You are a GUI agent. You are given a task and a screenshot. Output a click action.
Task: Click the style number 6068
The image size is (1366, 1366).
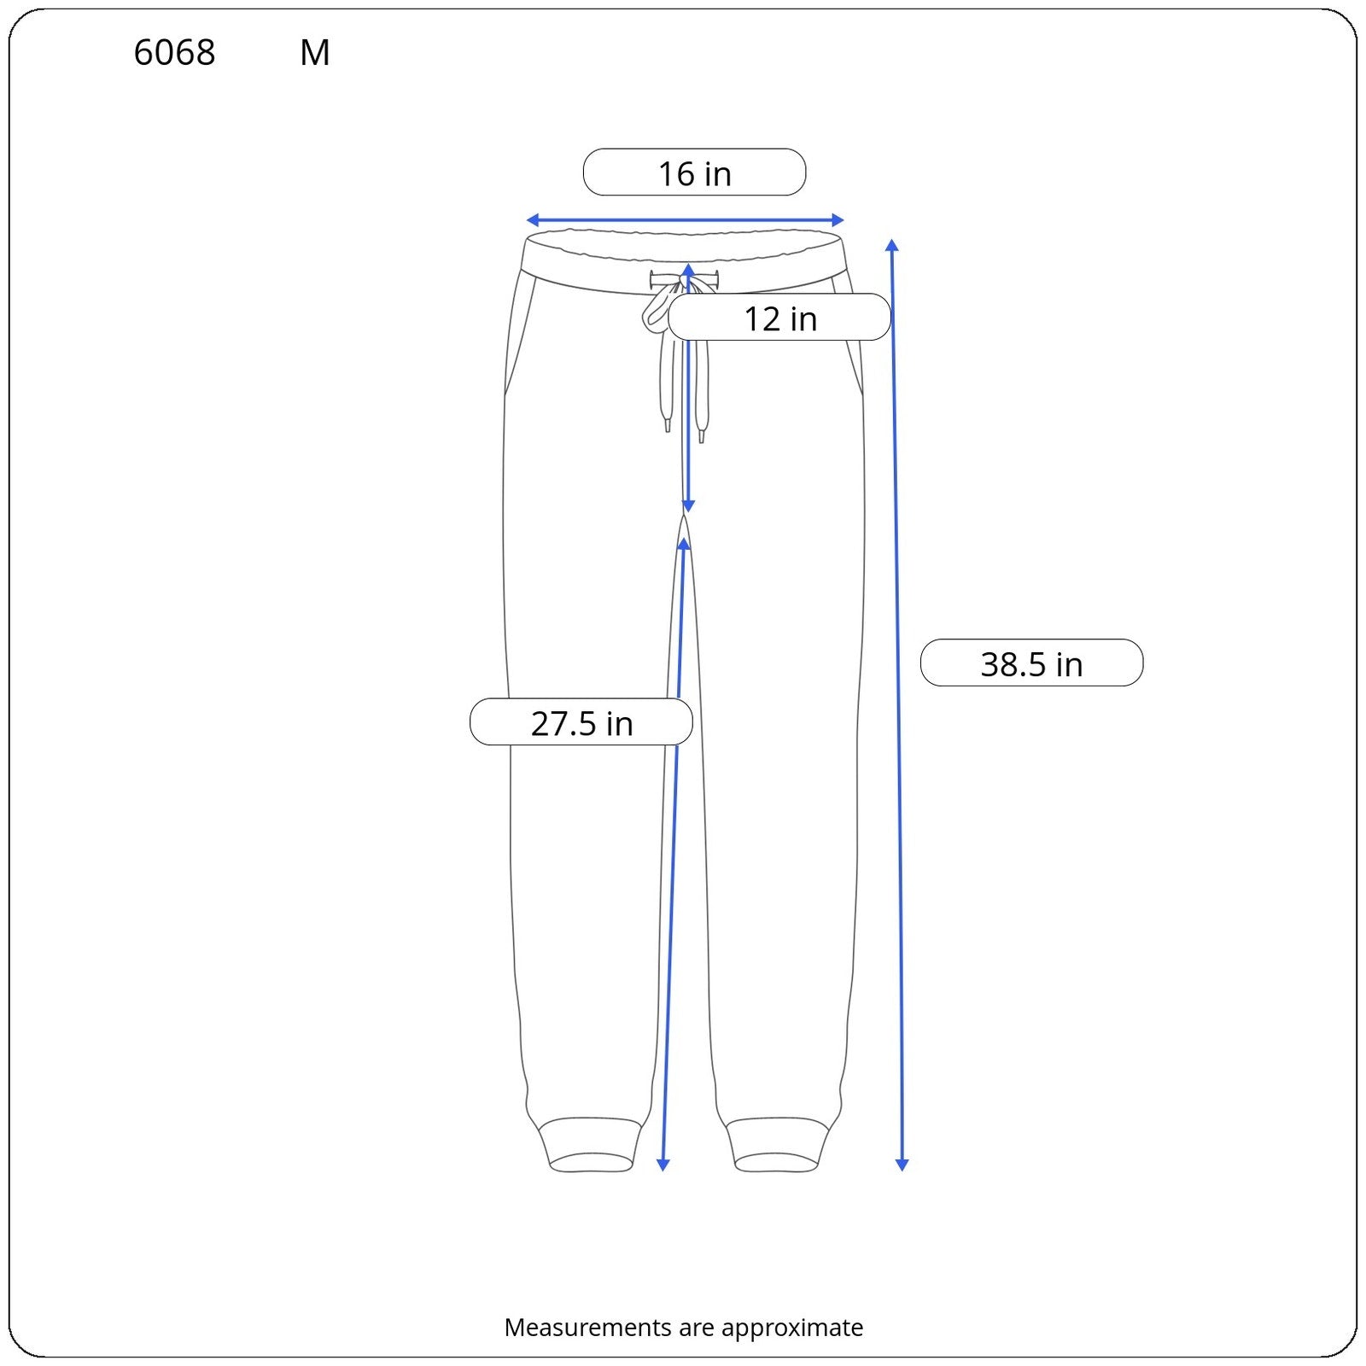coord(174,53)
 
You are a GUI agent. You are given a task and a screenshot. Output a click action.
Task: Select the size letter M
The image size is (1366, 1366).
coord(314,53)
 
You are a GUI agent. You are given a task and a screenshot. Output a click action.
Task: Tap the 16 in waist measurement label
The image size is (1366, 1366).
coord(694,173)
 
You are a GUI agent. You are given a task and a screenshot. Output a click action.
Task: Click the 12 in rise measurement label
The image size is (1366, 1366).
coord(780,318)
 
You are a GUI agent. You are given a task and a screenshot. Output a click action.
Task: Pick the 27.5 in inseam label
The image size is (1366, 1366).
coord(581,723)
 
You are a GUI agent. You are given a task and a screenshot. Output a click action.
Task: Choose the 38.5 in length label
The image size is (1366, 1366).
coord(1031,664)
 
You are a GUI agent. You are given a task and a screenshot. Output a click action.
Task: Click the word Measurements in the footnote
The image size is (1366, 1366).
coord(587,1327)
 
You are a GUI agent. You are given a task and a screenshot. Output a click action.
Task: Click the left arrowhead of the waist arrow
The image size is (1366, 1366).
coord(532,220)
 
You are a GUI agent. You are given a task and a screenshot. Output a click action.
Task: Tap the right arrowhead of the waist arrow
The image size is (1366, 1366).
coord(838,220)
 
